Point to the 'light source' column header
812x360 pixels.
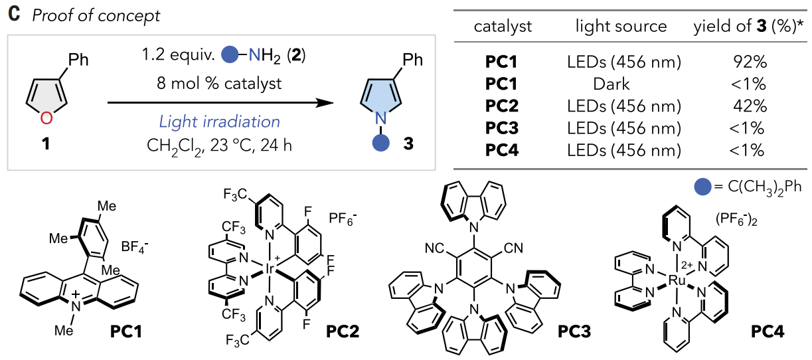pyautogui.click(x=621, y=27)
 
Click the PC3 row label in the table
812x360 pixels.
pyautogui.click(x=501, y=129)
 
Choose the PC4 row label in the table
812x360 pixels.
pyautogui.click(x=501, y=151)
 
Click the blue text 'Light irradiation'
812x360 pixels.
pyautogui.click(x=218, y=122)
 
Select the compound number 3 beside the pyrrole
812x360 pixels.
pyautogui.click(x=408, y=143)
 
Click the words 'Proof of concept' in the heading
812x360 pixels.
pyautogui.click(x=96, y=16)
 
